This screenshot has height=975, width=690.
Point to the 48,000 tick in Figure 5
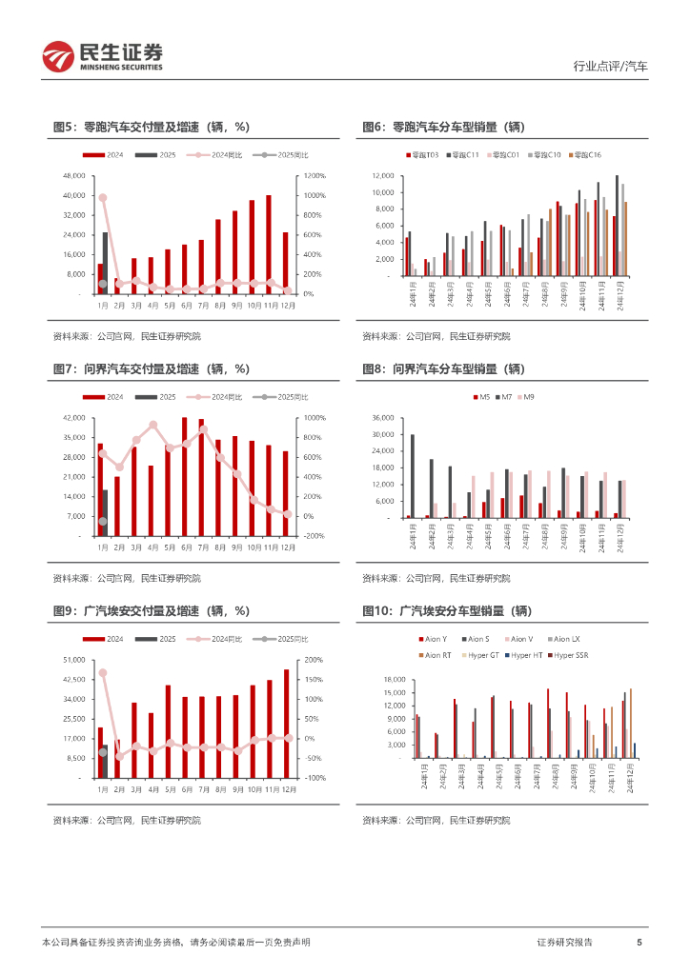(74, 176)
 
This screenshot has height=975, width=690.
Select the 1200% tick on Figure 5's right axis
(315, 176)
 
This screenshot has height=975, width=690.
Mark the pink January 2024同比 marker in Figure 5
(102, 198)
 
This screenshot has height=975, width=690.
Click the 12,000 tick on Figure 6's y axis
(383, 176)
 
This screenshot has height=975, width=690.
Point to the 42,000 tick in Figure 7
(74, 418)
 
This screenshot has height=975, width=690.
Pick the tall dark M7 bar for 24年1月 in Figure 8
(413, 476)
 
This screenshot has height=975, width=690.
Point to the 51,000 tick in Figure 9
(74, 660)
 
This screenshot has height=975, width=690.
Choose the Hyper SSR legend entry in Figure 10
(572, 655)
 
